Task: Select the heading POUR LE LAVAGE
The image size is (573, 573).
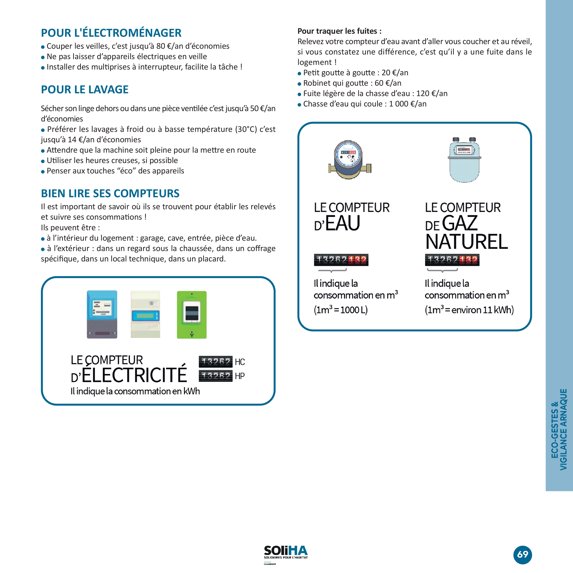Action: pyautogui.click(x=85, y=90)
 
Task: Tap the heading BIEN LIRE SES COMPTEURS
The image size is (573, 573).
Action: pyautogui.click(x=110, y=193)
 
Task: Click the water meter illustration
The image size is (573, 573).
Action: pyautogui.click(x=350, y=160)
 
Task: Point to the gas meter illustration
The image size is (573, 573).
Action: pyautogui.click(x=464, y=160)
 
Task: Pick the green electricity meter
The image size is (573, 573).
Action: pyautogui.click(x=192, y=315)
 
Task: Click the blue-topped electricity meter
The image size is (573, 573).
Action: pyautogui.click(x=102, y=314)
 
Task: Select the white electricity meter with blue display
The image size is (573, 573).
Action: pyautogui.click(x=145, y=314)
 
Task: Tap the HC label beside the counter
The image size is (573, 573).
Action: pyautogui.click(x=240, y=362)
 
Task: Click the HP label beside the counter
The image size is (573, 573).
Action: pyautogui.click(x=240, y=376)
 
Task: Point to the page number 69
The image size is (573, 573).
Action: pyautogui.click(x=523, y=554)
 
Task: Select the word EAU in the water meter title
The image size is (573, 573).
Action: pyautogui.click(x=343, y=223)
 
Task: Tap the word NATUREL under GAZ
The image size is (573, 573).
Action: pyautogui.click(x=466, y=242)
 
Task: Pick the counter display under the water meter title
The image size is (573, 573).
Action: pyautogui.click(x=341, y=260)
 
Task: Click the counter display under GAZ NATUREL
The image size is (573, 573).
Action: pyautogui.click(x=452, y=260)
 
